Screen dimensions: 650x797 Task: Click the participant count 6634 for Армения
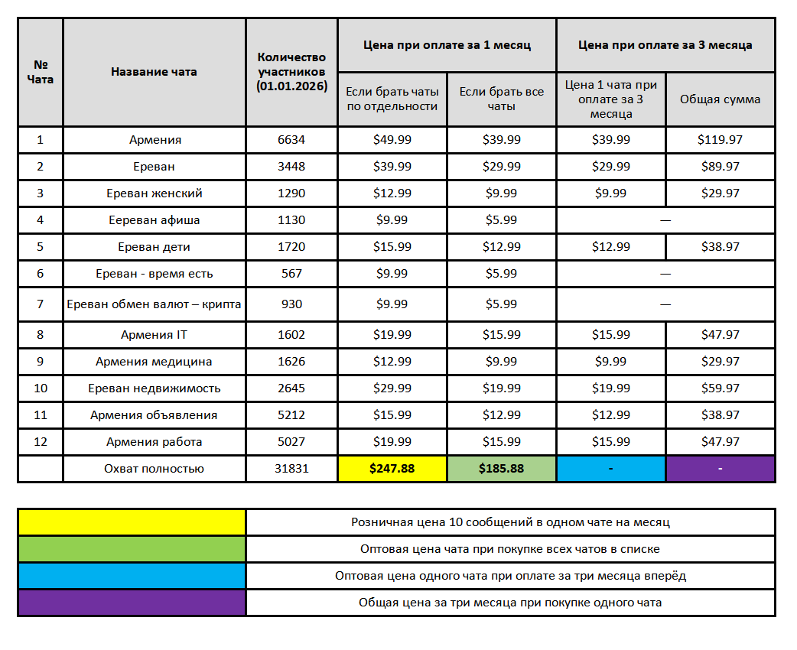[291, 140]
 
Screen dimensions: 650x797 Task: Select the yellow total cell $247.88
[392, 469]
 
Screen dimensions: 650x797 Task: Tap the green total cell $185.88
[501, 469]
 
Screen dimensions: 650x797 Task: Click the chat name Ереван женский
[155, 193]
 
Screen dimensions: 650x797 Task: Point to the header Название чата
[154, 72]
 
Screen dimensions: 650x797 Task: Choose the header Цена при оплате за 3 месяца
[665, 45]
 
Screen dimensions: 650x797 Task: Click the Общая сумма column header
[720, 99]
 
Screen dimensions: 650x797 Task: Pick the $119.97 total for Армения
[720, 140]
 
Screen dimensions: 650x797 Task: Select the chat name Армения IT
[155, 335]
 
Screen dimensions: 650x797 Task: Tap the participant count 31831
[291, 469]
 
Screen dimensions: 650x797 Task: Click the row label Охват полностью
[155, 469]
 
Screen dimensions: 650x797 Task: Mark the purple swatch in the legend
[132, 603]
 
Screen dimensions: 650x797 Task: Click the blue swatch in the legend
[132, 576]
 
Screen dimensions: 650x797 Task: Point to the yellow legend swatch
[132, 522]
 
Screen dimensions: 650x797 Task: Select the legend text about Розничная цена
[510, 522]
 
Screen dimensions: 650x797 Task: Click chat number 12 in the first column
[41, 442]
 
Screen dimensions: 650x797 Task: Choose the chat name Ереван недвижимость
[155, 388]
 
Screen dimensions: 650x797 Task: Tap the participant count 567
[291, 274]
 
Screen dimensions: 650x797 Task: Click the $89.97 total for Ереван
[720, 167]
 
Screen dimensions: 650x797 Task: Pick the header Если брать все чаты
[501, 99]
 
